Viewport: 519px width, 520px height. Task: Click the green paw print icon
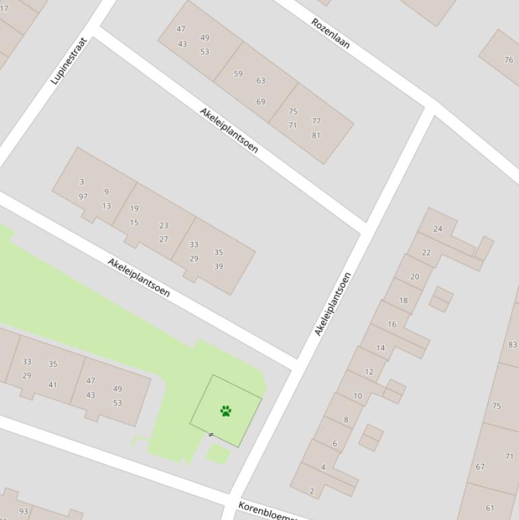point(226,411)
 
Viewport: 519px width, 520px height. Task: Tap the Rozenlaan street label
point(331,33)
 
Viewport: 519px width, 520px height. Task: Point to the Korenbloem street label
point(267,511)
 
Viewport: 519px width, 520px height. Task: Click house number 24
point(437,228)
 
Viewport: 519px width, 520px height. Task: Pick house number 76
point(508,59)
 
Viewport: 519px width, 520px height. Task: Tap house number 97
point(83,197)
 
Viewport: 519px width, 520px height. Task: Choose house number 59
point(238,74)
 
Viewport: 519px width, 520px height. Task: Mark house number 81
point(316,135)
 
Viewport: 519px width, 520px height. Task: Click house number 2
point(312,491)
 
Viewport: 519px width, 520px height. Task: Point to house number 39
point(219,266)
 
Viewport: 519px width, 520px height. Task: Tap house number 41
point(53,385)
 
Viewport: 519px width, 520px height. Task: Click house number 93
point(24,511)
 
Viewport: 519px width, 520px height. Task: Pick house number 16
point(392,324)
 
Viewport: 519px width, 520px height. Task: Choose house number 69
point(261,101)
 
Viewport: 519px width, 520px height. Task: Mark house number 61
point(490,508)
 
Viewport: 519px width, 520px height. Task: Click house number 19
point(134,209)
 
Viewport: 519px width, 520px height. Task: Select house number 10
point(358,396)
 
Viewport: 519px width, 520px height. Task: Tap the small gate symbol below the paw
point(211,434)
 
